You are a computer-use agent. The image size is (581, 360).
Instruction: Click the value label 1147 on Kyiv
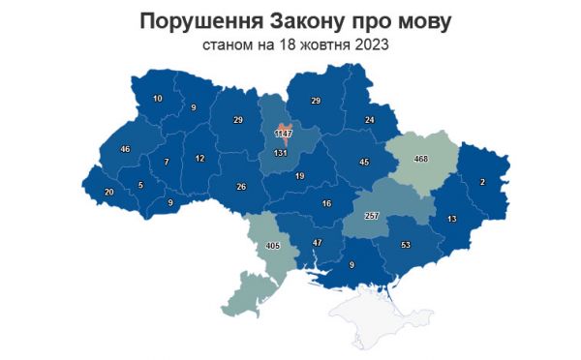coord(284,133)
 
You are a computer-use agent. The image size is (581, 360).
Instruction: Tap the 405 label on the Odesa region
coord(273,247)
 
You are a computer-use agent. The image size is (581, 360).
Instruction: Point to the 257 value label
coord(371,215)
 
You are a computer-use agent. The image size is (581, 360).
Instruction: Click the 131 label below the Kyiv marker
coord(282,153)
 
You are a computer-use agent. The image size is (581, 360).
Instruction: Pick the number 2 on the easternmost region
coord(482,182)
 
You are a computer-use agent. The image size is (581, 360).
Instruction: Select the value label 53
coord(406,245)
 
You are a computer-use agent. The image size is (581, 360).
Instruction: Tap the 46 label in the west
coord(125,149)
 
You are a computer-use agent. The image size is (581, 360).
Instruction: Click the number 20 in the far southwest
coord(108,193)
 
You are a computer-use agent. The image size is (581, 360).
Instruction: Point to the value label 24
coord(369,120)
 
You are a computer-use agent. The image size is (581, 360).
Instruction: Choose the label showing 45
coord(364,163)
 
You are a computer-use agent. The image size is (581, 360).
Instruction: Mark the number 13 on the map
coord(451,219)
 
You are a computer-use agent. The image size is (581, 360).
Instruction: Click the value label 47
coord(317,242)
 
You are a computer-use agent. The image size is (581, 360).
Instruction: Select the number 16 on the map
coord(326,203)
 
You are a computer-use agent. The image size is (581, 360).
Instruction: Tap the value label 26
coord(241,187)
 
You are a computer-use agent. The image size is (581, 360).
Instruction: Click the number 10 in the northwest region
coord(158,99)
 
